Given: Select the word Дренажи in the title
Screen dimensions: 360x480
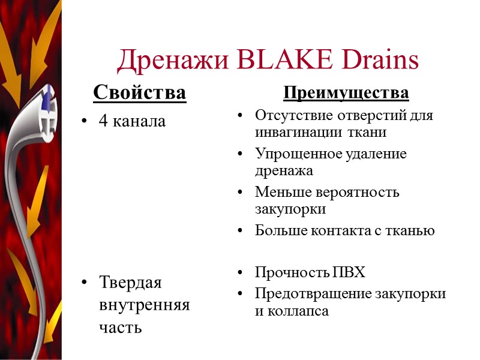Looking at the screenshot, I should [170, 60].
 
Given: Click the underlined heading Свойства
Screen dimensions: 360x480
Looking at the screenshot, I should [139, 94].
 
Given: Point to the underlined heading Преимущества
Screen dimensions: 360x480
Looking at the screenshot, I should [346, 94].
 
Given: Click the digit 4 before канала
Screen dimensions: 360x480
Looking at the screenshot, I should [103, 121].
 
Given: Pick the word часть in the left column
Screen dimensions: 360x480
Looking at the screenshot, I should [121, 328].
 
